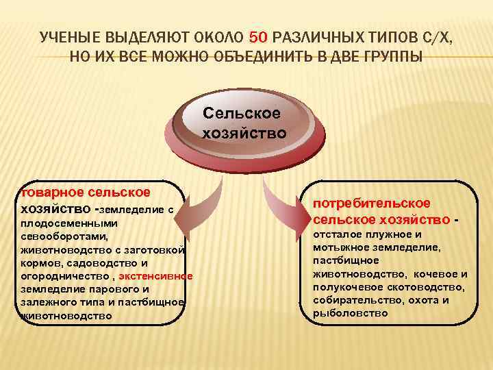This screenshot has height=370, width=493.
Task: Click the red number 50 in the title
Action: pos(262,36)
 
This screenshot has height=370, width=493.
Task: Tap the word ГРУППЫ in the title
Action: pos(389,55)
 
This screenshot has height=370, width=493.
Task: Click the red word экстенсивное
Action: pos(155,276)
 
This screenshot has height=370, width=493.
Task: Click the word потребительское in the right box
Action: pos(372,203)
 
